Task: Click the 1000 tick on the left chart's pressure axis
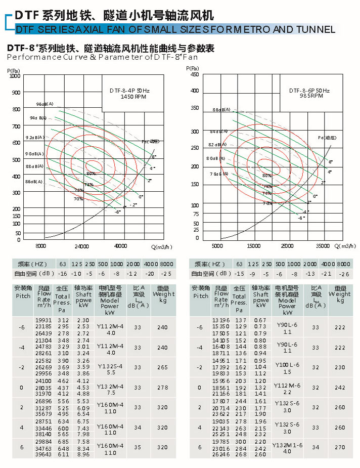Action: [x=15, y=76]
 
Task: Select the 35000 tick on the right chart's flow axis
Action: [x=322, y=246]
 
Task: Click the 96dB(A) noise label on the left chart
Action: [x=44, y=104]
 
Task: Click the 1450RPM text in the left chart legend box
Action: [x=130, y=96]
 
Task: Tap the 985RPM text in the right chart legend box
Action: [x=309, y=96]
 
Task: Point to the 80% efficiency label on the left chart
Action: [x=91, y=174]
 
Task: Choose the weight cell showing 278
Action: [x=162, y=388]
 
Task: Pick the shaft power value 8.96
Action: [x=83, y=454]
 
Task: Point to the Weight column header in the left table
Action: [x=163, y=296]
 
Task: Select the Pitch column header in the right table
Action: [x=201, y=292]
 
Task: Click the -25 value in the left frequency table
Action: [x=167, y=274]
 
